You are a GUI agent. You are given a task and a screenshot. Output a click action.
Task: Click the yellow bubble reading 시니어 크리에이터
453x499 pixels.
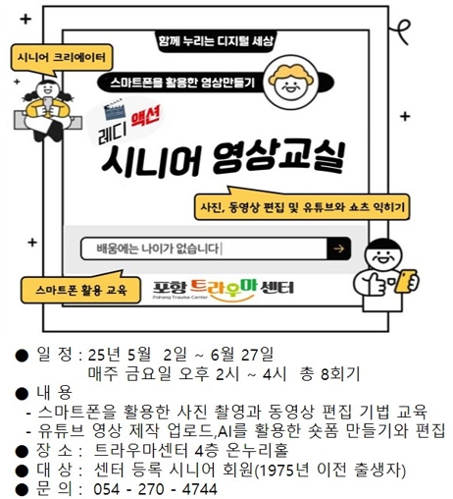[x=62, y=58]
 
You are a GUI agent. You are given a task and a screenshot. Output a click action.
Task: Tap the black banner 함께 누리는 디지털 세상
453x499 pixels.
[x=216, y=41]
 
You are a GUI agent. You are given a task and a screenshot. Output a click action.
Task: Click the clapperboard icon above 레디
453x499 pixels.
[x=114, y=110]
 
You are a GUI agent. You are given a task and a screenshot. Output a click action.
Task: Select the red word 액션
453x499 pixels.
[x=145, y=118]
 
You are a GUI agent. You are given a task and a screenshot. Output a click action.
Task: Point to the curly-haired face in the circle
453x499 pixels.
[x=290, y=83]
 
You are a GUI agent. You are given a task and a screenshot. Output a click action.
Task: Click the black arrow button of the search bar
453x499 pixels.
[x=339, y=249]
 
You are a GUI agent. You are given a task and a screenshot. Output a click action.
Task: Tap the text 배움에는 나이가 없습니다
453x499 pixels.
[x=158, y=249]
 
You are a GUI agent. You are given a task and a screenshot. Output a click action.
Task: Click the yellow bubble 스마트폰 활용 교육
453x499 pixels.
[x=80, y=289]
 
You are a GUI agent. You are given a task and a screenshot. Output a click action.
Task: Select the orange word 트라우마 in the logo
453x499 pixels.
[x=224, y=288]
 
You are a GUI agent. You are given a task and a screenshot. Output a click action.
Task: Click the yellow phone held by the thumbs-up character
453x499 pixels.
[x=406, y=281]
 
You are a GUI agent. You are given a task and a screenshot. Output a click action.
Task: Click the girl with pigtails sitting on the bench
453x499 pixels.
[x=48, y=110]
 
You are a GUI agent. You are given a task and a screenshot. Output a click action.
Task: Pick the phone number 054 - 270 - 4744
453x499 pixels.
[x=155, y=489]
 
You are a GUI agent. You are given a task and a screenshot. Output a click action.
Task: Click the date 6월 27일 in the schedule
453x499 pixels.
[x=242, y=355]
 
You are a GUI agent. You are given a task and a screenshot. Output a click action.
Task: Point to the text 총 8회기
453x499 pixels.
[x=329, y=374]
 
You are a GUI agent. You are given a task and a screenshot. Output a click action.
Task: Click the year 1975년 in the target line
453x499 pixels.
[x=282, y=471]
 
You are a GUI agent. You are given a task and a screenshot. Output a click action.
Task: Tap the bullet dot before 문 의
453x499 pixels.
[x=22, y=490]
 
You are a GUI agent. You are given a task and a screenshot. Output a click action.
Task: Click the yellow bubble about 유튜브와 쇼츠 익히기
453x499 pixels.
[x=301, y=207]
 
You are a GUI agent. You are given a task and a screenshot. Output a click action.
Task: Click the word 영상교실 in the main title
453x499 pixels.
[x=278, y=159]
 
